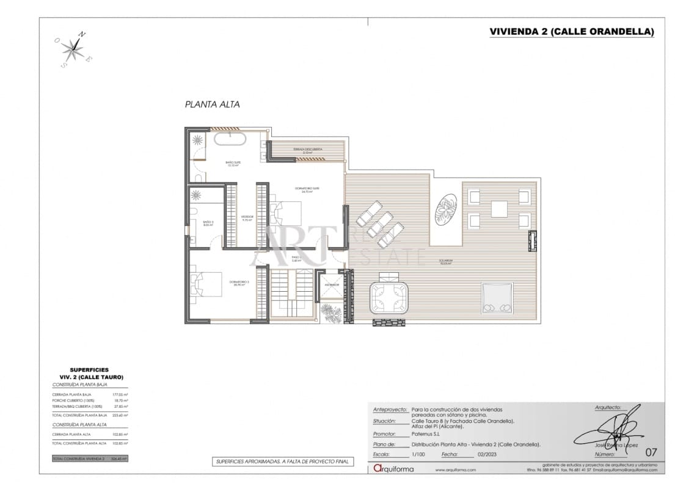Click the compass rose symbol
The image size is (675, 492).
tap(73, 48)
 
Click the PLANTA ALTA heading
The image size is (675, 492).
tap(212, 104)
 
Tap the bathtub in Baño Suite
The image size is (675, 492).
tap(230, 140)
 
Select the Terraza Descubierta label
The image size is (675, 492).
tap(307, 150)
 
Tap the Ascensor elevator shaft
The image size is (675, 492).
tap(332, 285)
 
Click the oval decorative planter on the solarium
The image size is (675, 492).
tap(447, 210)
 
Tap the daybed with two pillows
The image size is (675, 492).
tap(496, 298)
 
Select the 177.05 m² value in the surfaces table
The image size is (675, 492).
tap(118, 394)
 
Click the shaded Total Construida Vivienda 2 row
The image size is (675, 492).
tap(90, 458)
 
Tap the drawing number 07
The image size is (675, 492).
tap(651, 452)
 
